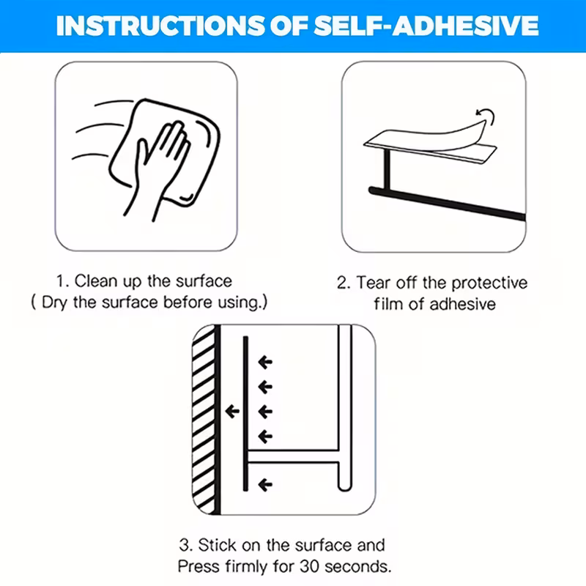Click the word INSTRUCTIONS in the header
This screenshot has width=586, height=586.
tap(160, 26)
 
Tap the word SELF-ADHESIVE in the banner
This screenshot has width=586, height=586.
tap(426, 26)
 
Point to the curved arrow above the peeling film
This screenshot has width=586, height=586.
tap(486, 116)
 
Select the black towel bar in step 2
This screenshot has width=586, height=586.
tap(447, 203)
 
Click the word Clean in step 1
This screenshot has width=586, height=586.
tap(96, 281)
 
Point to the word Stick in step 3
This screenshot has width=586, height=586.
tap(217, 545)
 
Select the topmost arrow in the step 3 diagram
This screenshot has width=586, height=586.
tap(265, 362)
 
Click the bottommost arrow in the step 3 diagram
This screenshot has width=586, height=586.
tap(265, 485)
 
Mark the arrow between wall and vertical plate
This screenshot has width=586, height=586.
tap(232, 412)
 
